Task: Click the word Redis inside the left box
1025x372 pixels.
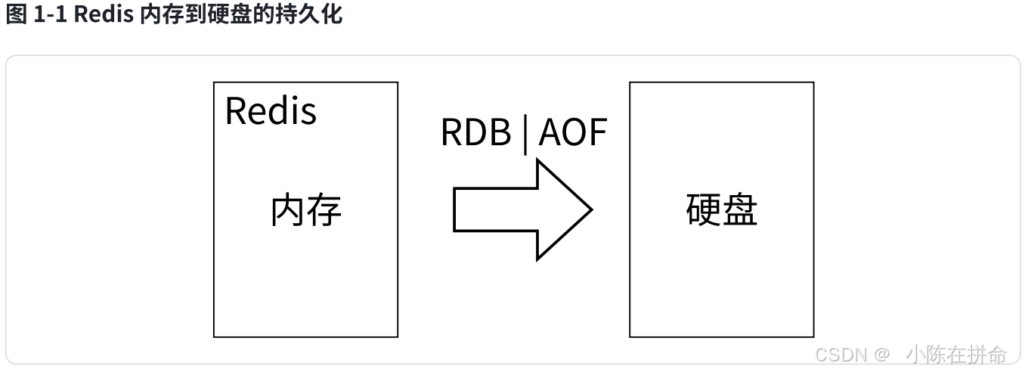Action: point(271,111)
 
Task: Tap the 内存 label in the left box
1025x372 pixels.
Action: point(306,209)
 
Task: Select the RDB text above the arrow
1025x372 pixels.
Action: point(475,133)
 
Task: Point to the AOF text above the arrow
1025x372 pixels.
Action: point(573,133)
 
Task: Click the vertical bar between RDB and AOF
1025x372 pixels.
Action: point(525,134)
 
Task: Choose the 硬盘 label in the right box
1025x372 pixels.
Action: point(721,209)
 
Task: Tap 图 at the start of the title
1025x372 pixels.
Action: point(16,15)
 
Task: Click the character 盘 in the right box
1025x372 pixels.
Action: point(739,209)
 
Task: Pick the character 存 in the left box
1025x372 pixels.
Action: point(324,209)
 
